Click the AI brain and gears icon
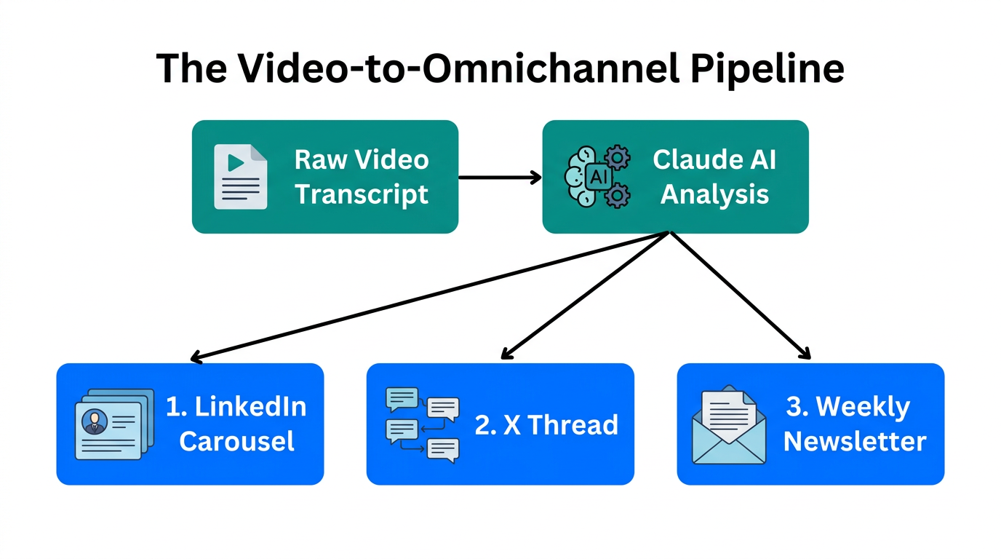click(x=597, y=177)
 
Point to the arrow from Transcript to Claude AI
click(x=500, y=177)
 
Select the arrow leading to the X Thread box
click(x=586, y=296)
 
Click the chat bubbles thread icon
click(x=422, y=424)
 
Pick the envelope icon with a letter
click(x=728, y=424)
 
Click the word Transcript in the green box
click(x=362, y=194)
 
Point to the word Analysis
click(x=714, y=194)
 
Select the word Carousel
click(x=236, y=441)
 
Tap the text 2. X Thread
click(x=546, y=424)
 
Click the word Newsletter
click(x=855, y=441)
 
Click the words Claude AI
click(x=714, y=159)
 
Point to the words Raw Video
click(x=362, y=159)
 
